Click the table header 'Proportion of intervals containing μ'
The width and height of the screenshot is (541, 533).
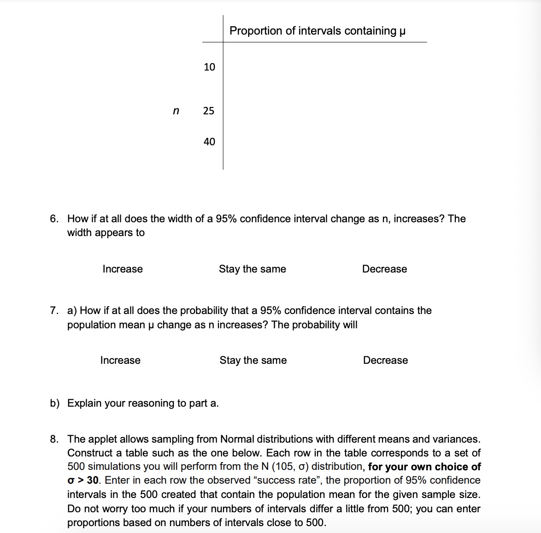[318, 31]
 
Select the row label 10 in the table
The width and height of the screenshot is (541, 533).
[209, 67]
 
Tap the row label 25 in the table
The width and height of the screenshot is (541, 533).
[209, 111]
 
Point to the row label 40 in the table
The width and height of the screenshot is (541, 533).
[209, 142]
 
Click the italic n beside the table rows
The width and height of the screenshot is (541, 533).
[175, 111]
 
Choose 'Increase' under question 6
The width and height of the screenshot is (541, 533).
[123, 269]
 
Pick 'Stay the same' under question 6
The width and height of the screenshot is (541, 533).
[252, 269]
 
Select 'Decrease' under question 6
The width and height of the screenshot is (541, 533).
[384, 269]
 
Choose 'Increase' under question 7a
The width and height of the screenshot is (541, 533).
[120, 360]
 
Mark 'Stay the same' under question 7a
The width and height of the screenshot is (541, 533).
[253, 360]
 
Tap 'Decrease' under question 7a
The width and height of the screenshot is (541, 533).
[385, 360]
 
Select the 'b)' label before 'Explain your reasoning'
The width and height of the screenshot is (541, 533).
[55, 403]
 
